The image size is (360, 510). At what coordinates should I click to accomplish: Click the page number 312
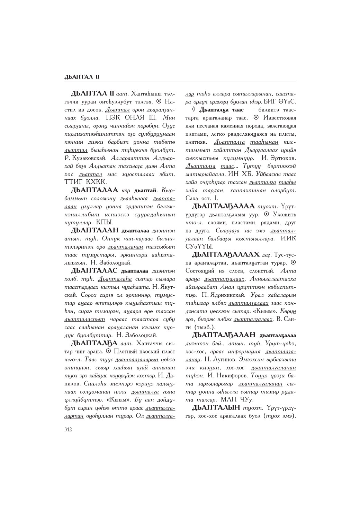click(68, 430)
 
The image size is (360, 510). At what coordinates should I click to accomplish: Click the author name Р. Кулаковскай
click(87, 158)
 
